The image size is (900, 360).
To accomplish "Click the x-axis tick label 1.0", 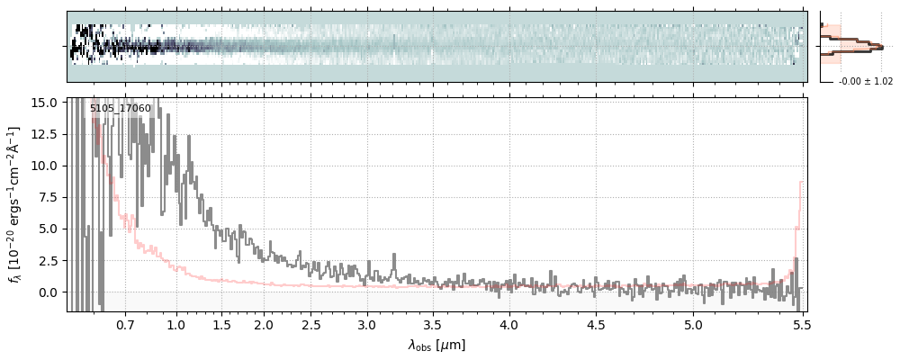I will click(176, 324).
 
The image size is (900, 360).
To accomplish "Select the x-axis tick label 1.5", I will click(221, 324).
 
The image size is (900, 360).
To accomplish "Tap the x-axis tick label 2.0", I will click(264, 324).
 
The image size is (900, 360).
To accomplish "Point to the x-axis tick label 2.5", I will click(310, 324).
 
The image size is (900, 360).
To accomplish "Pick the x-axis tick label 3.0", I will click(366, 324).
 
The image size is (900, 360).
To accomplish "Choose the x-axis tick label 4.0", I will click(508, 324).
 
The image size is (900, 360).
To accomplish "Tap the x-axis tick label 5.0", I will click(693, 324).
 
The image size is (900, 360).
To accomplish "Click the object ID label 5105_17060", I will click(121, 109).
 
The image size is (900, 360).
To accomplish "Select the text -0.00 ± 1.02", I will click(866, 81).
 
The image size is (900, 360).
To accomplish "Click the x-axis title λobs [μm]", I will click(436, 345).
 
